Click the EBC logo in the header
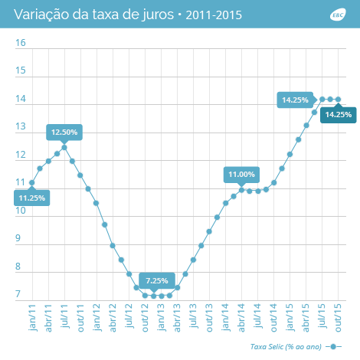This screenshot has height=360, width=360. pyautogui.click(x=338, y=15)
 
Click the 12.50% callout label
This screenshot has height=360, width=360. pyautogui.click(x=64, y=133)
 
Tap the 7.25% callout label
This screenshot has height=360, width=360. pyautogui.click(x=157, y=281)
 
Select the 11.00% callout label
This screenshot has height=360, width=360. pyautogui.click(x=241, y=175)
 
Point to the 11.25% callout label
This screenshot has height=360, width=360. pyautogui.click(x=32, y=198)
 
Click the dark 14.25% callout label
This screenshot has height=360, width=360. pyautogui.click(x=339, y=115)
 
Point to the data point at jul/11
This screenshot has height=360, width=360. pyautogui.click(x=64, y=148)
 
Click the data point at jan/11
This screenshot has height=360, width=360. pyautogui.click(x=32, y=183)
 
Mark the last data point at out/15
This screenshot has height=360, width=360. pyautogui.click(x=339, y=100)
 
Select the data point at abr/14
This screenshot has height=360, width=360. pyautogui.click(x=241, y=190)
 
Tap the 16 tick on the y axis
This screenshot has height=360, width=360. pyautogui.click(x=21, y=43)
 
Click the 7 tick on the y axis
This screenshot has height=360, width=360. pyautogui.click(x=18, y=294)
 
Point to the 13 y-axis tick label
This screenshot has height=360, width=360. pyautogui.click(x=21, y=126)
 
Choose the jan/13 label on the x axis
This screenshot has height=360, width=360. pyautogui.click(x=162, y=317)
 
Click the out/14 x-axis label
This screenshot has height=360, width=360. pyautogui.click(x=273, y=318)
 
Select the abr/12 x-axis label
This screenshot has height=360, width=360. pyautogui.click(x=113, y=318)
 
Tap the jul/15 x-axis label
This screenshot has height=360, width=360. pyautogui.click(x=322, y=316)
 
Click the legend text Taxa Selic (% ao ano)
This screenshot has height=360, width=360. pyautogui.click(x=286, y=347)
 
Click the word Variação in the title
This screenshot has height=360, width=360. pyautogui.click(x=41, y=15)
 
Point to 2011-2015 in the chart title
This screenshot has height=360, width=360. pyautogui.click(x=214, y=15)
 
